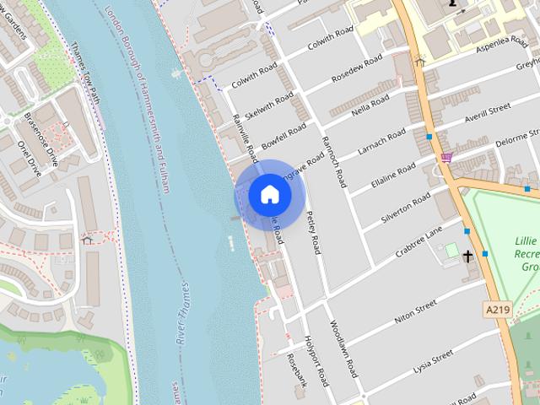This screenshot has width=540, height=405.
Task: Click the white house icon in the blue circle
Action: click(x=270, y=195)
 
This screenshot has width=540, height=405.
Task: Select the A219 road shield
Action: click(x=498, y=310)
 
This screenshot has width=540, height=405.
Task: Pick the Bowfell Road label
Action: click(x=283, y=135)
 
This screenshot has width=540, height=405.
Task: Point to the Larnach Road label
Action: click(x=381, y=138)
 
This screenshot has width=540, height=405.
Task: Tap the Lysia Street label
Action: click(x=431, y=360)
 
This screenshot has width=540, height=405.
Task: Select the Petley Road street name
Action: click(x=313, y=232)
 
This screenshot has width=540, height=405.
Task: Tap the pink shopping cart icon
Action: click(x=446, y=157)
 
